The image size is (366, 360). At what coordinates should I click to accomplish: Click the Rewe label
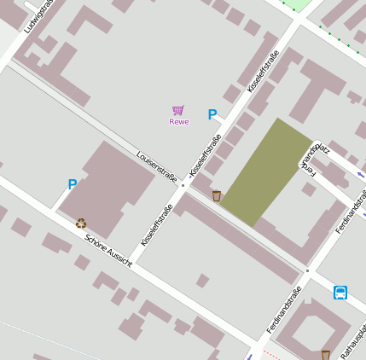(x=178, y=122)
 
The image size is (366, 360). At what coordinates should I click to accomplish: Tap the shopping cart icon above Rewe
(x=177, y=110)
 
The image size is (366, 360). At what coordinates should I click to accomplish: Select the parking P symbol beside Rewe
(x=212, y=115)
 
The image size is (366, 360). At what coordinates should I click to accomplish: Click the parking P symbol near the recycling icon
(x=73, y=184)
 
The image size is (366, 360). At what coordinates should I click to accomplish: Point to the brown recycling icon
(x=81, y=224)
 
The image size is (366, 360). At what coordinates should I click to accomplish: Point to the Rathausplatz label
(x=353, y=341)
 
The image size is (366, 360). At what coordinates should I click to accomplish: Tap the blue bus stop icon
(x=340, y=293)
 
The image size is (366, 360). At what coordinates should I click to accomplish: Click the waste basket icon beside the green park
(x=217, y=196)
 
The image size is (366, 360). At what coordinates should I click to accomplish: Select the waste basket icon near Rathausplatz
(x=325, y=354)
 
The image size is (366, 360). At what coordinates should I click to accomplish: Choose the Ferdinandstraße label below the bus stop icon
(x=284, y=310)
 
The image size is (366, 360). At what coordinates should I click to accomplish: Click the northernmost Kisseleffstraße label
(x=263, y=73)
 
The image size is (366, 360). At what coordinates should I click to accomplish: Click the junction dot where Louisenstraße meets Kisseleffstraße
(x=183, y=183)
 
